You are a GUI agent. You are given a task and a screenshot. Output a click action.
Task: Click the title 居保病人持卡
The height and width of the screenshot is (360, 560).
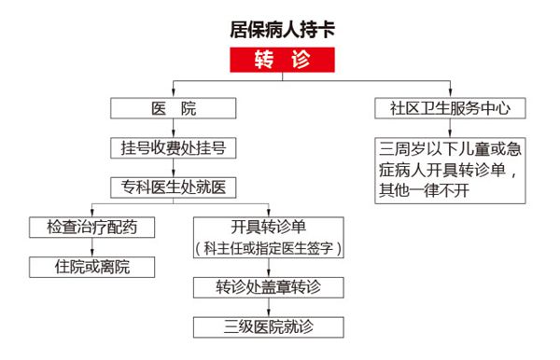pos(281,27)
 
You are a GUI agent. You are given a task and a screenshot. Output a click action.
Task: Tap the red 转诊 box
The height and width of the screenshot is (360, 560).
pos(281,60)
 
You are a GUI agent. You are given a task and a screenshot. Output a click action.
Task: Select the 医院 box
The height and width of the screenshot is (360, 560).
pos(175,108)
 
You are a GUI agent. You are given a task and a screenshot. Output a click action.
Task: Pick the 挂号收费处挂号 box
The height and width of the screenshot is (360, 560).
pos(175,147)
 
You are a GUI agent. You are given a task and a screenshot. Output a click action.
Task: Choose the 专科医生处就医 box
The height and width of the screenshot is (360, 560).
pos(175,187)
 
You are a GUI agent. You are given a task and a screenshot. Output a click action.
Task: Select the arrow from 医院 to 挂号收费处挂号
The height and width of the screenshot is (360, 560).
pos(175,128)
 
